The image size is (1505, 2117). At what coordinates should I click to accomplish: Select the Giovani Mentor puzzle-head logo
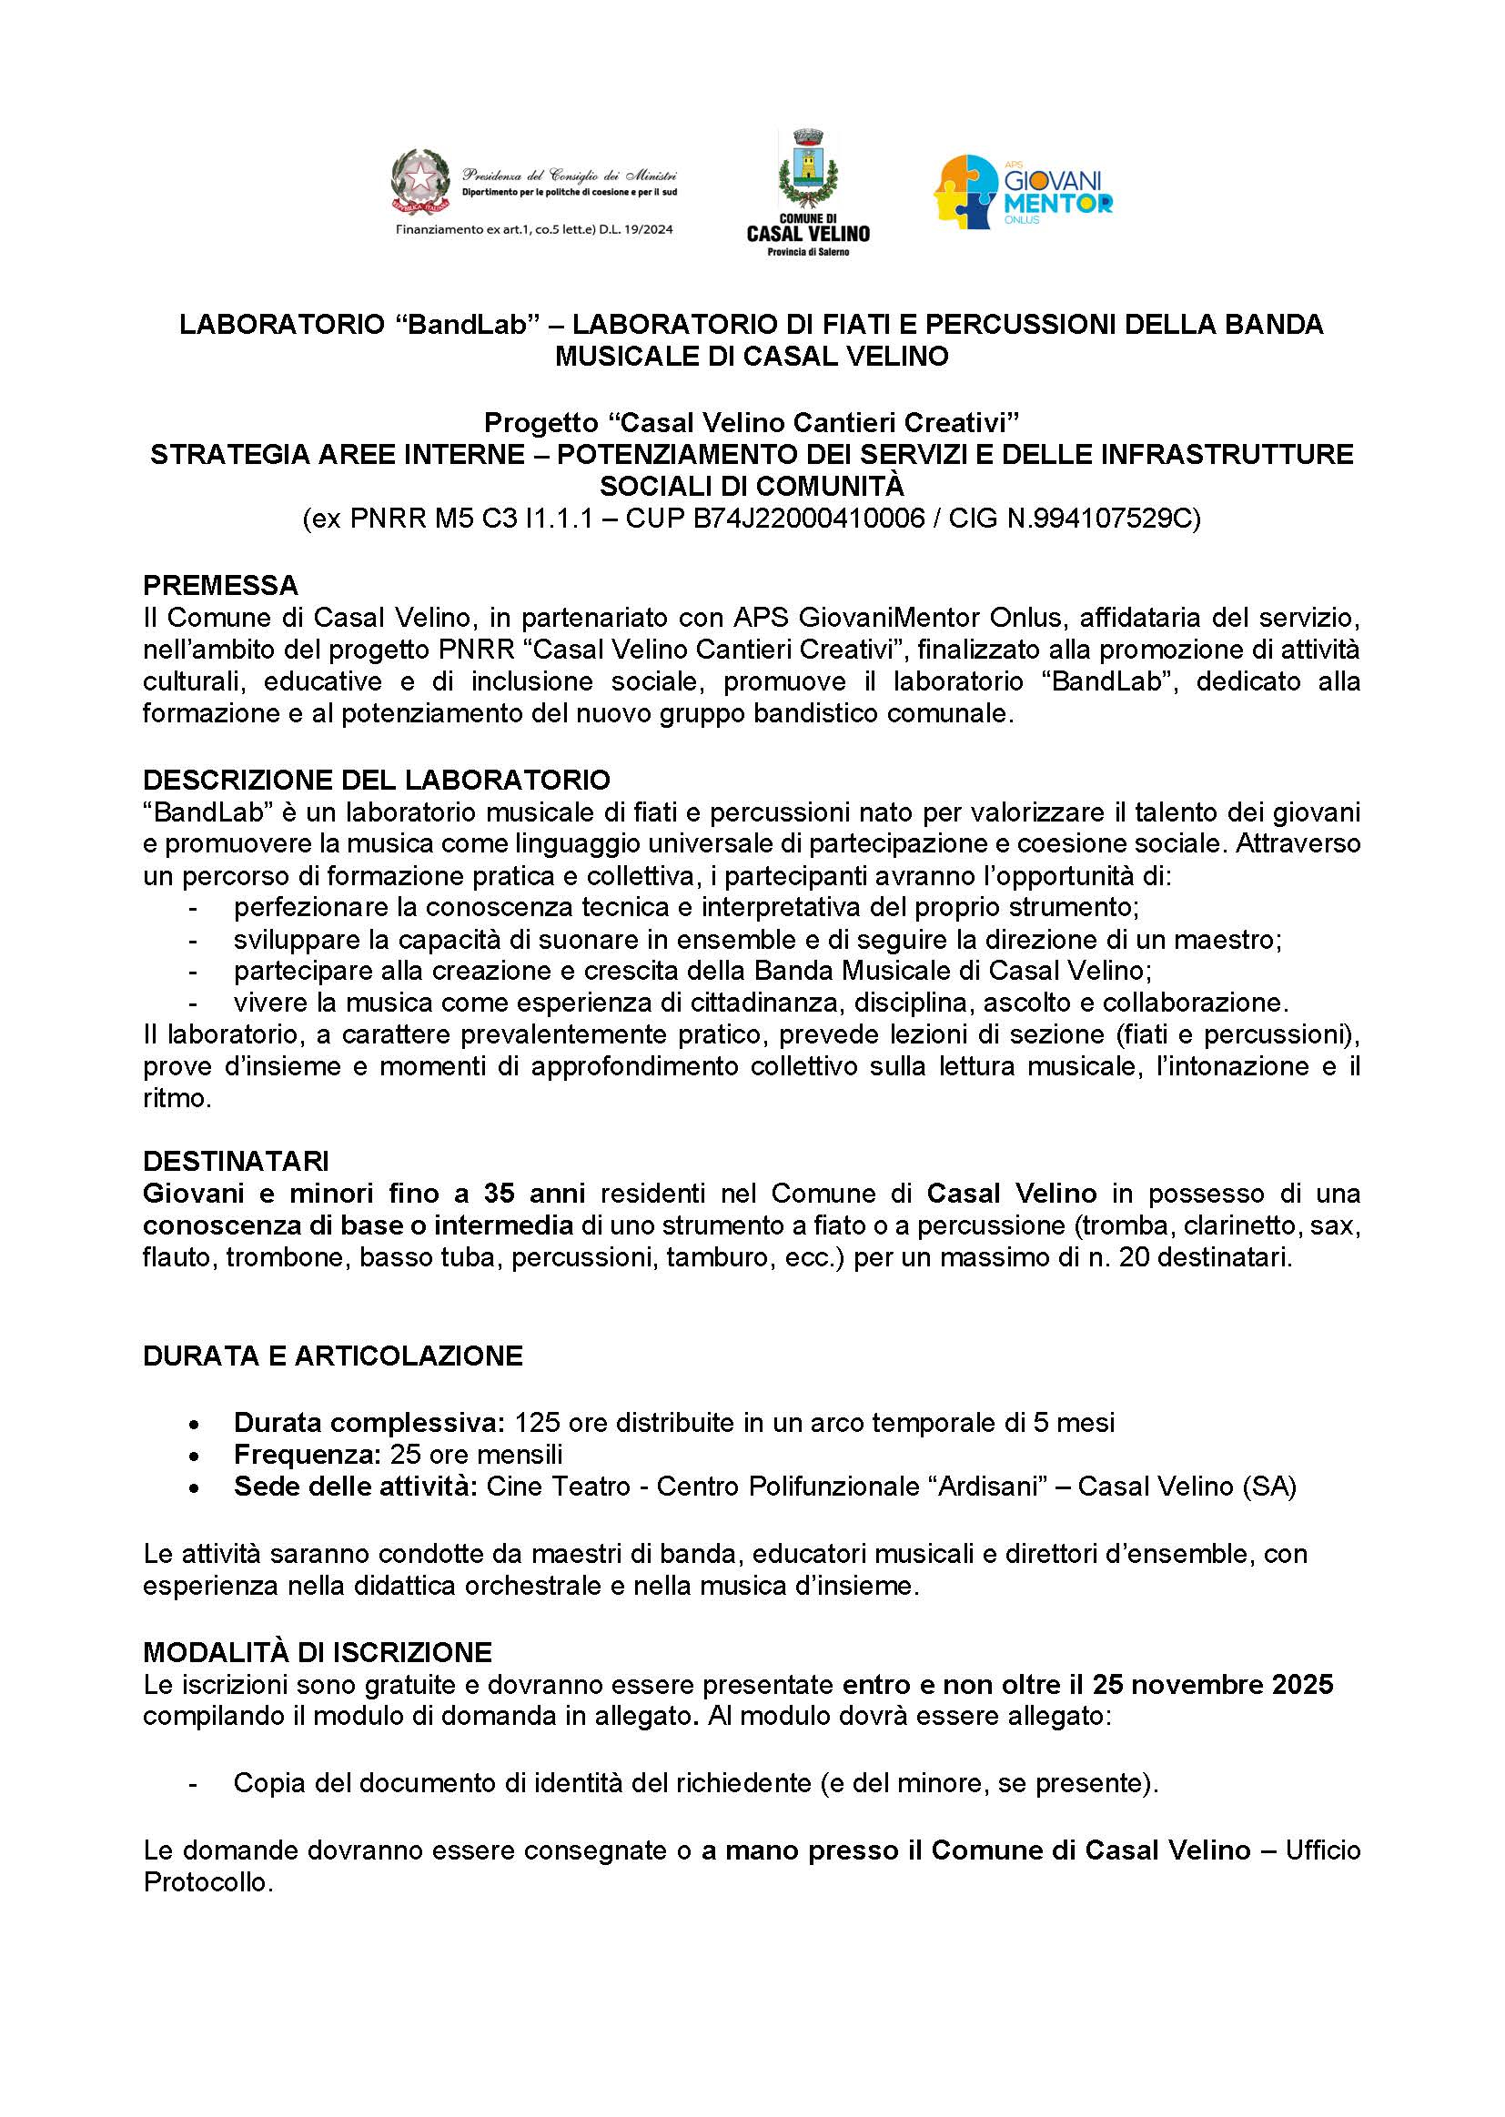[966, 192]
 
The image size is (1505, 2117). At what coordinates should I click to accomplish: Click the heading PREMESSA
[220, 586]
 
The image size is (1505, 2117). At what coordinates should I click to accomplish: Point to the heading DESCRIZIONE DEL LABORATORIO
[377, 779]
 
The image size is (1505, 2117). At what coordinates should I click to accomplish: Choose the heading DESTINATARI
[236, 1161]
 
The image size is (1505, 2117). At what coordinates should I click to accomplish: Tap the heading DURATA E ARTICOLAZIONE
[333, 1356]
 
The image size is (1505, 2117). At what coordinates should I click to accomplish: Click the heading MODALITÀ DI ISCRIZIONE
[317, 1652]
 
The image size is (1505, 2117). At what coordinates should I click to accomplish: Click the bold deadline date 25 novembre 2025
[1212, 1684]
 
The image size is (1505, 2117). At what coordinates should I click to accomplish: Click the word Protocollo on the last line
[207, 1882]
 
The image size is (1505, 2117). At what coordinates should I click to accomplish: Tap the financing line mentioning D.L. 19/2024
[535, 229]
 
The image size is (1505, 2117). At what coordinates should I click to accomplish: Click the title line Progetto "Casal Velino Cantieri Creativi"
[752, 422]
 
